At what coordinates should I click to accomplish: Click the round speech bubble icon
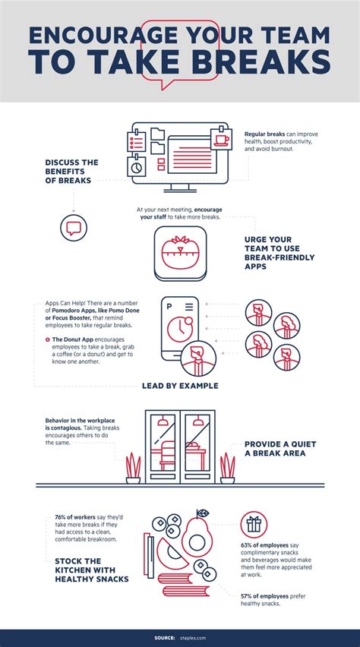pos(74,227)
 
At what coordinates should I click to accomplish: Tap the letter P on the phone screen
pos(169,307)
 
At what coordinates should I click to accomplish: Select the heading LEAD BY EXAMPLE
pos(180,387)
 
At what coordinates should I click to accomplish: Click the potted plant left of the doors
pos(133,468)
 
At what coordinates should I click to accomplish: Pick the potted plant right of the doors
pos(228,468)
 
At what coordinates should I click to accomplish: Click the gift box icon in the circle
pos(254,525)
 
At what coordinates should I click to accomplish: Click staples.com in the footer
pos(192,638)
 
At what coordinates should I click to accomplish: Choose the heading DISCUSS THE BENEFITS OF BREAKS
pos(71,171)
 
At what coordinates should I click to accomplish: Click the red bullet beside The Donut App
pos(48,339)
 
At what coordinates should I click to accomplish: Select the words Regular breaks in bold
pos(264,134)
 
